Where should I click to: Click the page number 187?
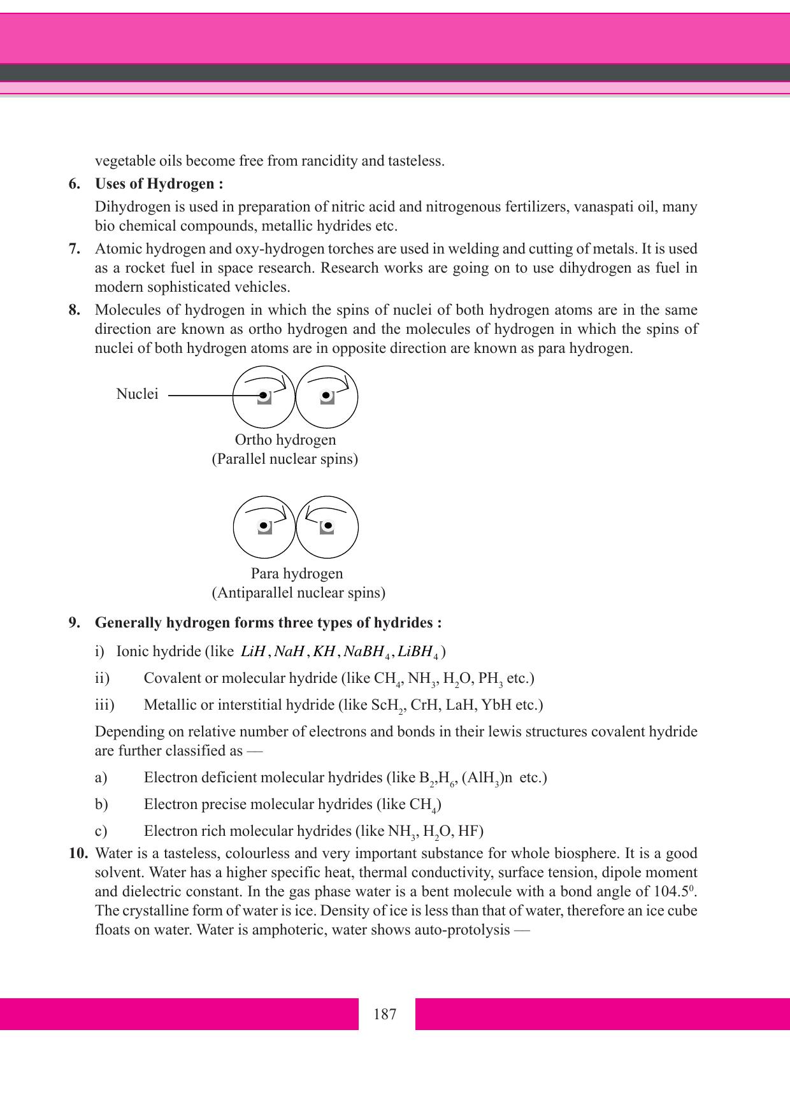point(385,1014)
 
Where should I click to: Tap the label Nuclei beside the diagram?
point(137,394)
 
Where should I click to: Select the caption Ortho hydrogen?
point(285,440)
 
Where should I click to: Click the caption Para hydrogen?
point(297,573)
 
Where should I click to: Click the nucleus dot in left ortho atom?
point(263,396)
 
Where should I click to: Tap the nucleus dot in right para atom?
point(328,526)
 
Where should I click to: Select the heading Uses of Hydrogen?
point(159,184)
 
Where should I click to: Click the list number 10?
point(78,853)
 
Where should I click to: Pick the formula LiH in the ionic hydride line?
point(253,652)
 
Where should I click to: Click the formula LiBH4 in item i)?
point(418,652)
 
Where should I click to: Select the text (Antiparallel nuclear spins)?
point(298,593)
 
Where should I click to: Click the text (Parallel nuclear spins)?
point(285,459)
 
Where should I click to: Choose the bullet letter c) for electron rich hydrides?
point(101,831)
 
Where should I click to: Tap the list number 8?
point(75,310)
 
